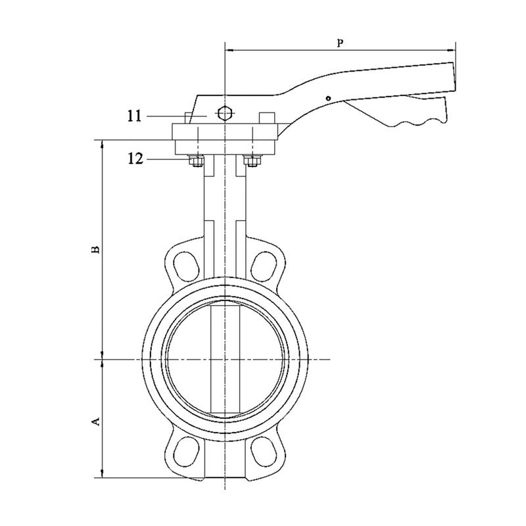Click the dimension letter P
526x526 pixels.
[339, 43]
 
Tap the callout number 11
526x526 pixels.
[135, 116]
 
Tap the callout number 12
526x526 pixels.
[135, 158]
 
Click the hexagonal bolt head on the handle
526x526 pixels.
[225, 114]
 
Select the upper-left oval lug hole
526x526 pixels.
[185, 264]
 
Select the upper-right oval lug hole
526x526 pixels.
[265, 264]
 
